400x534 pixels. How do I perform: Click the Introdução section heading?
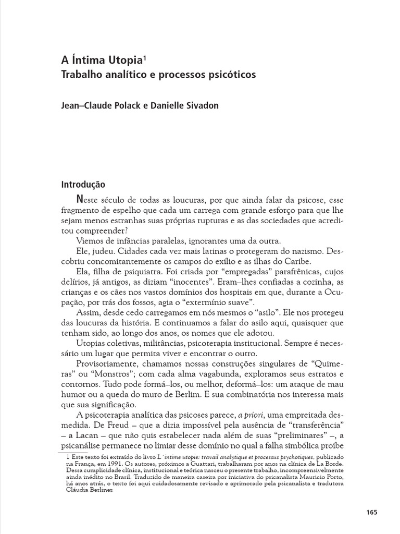click(x=83, y=185)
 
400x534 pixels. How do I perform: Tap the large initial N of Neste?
click(x=79, y=200)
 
